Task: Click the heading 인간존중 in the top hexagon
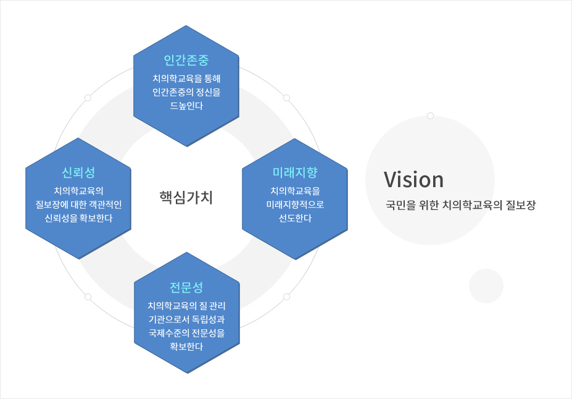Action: pyautogui.click(x=186, y=61)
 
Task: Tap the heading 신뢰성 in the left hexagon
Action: pyautogui.click(x=78, y=172)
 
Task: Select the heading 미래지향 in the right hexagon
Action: pyautogui.click(x=295, y=172)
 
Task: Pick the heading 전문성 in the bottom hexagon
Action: pyautogui.click(x=186, y=287)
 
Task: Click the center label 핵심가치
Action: pyautogui.click(x=186, y=197)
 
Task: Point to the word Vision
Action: pyautogui.click(x=413, y=180)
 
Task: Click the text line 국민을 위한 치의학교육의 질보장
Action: pyautogui.click(x=460, y=205)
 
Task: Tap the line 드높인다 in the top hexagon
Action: pyautogui.click(x=186, y=106)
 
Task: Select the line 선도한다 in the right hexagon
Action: pyautogui.click(x=295, y=218)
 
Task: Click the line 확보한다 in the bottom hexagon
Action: pyautogui.click(x=186, y=346)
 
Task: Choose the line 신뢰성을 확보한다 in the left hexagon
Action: pyautogui.click(x=78, y=218)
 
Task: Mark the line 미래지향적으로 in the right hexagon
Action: pyautogui.click(x=295, y=204)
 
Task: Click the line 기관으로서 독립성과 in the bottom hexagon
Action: pyautogui.click(x=186, y=319)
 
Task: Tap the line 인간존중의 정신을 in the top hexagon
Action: pyautogui.click(x=186, y=92)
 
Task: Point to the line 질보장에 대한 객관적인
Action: pyautogui.click(x=78, y=204)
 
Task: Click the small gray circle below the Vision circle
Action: pyautogui.click(x=486, y=286)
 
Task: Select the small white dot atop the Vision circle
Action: pyautogui.click(x=430, y=115)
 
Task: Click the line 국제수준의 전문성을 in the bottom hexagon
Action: pyautogui.click(x=186, y=332)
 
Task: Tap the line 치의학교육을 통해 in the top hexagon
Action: pyautogui.click(x=186, y=78)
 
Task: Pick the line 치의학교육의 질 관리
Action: pyautogui.click(x=186, y=305)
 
